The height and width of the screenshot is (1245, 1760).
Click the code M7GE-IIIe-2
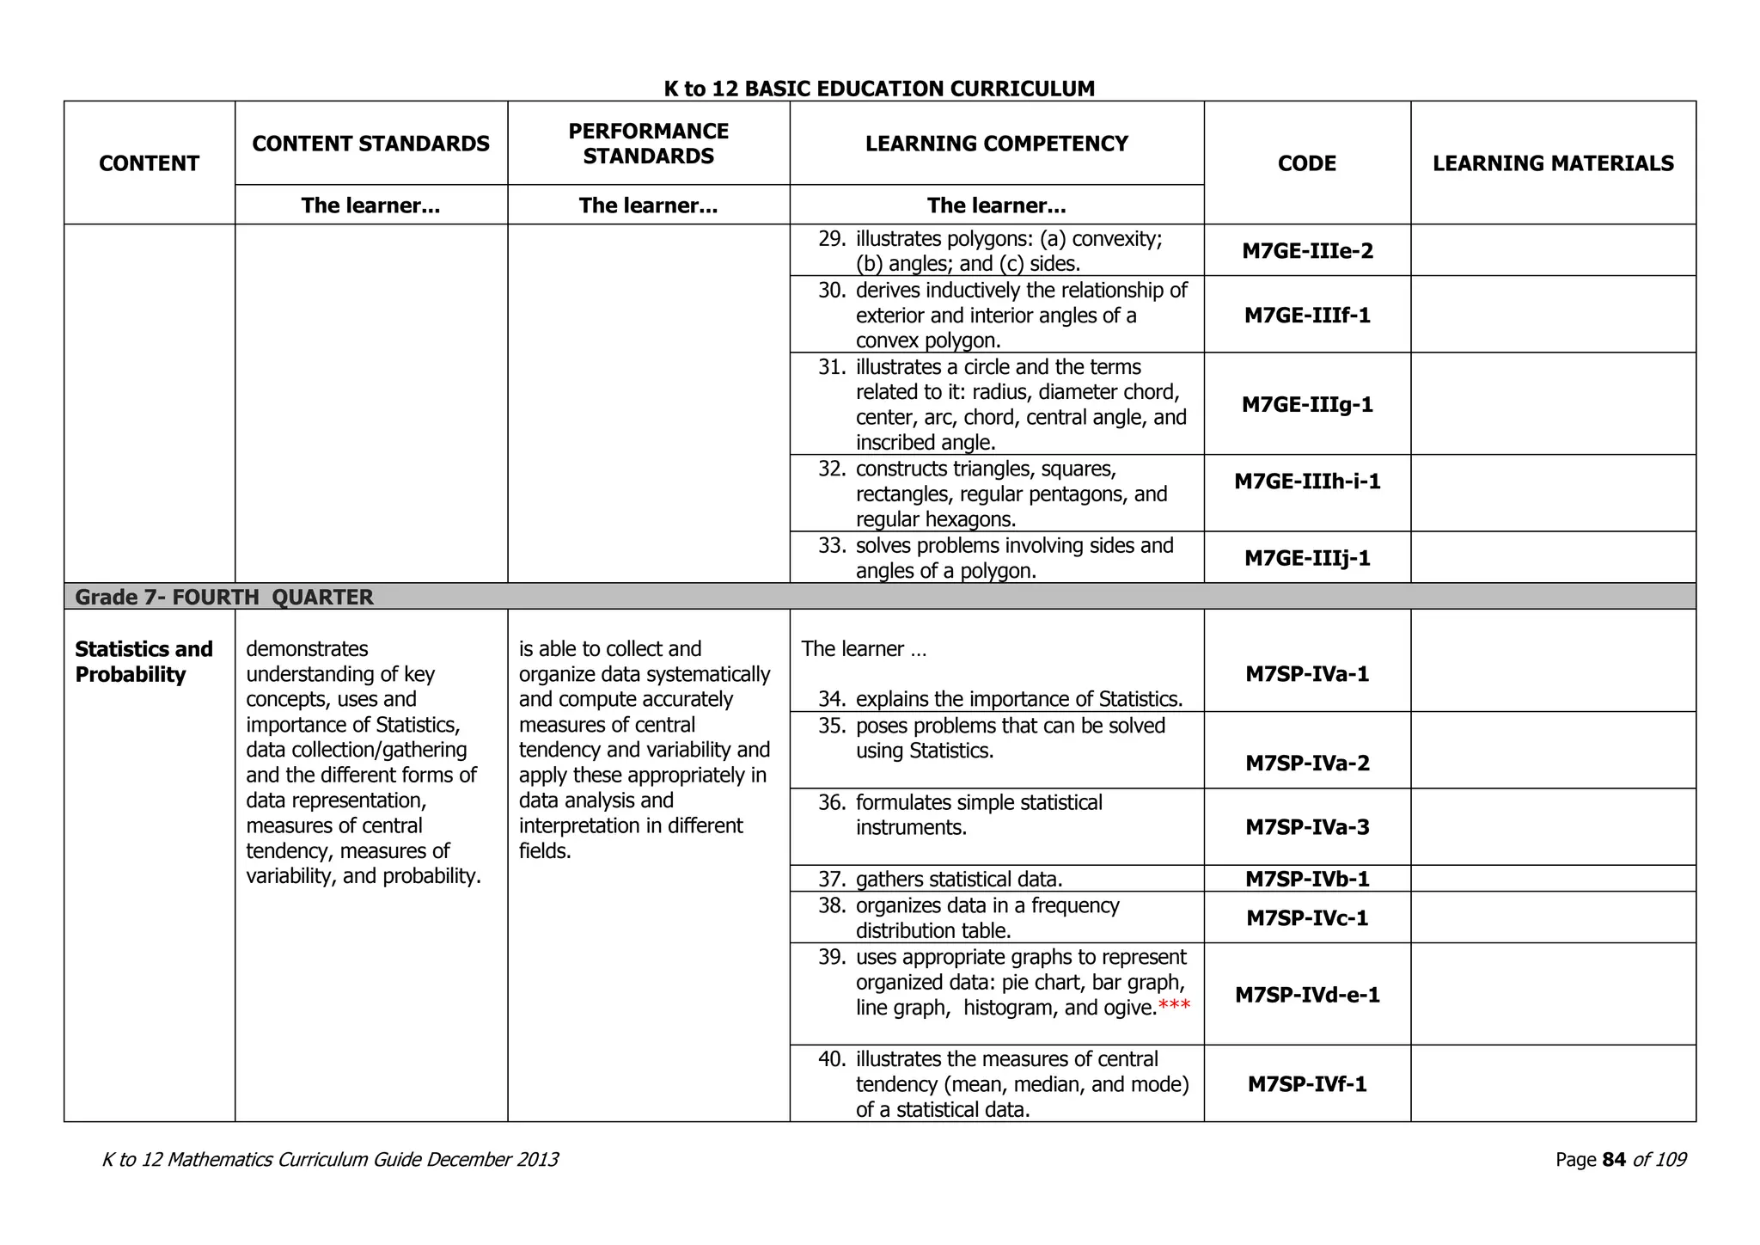coord(1307,251)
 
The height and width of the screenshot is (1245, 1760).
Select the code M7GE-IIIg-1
coord(1307,404)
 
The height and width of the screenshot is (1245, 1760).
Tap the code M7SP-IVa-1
coord(1307,674)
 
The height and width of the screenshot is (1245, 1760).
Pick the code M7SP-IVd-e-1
coord(1307,995)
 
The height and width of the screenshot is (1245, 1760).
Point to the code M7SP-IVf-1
coord(1307,1084)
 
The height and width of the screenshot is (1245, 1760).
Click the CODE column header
coord(1306,163)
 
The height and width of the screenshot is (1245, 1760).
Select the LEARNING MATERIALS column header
coord(1553,163)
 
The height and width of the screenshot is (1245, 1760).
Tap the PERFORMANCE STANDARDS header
coord(648,144)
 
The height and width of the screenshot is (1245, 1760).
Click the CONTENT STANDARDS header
coord(370,144)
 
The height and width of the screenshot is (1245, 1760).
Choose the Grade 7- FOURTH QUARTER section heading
coord(224,598)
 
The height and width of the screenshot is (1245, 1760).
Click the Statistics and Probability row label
coord(144,661)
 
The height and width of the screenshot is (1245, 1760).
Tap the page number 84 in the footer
coord(1614,1160)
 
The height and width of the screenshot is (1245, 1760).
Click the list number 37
coord(832,880)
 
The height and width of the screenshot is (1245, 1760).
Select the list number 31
coord(832,367)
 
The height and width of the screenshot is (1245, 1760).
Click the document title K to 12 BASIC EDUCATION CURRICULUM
coord(879,89)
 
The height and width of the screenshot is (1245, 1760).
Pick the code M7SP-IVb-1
coord(1307,879)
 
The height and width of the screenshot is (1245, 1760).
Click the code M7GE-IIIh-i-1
coord(1307,481)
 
